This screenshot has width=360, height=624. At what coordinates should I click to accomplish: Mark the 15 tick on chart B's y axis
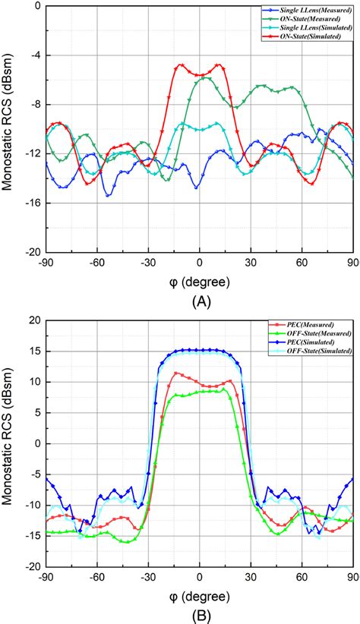(34, 351)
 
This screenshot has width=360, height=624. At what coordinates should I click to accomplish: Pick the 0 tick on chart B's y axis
(37, 443)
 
